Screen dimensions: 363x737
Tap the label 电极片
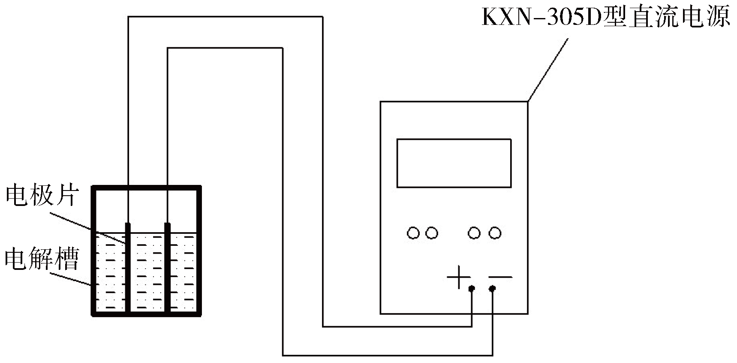[42, 197]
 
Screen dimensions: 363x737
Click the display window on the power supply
[454, 163]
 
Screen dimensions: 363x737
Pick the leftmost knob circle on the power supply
[413, 233]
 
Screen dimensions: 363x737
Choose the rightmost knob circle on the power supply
[495, 233]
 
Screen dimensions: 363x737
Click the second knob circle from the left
[431, 233]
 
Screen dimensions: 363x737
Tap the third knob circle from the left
[474, 233]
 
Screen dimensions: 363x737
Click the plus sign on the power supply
[459, 277]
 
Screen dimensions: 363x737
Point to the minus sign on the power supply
[500, 277]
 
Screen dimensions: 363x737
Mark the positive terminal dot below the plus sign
[472, 289]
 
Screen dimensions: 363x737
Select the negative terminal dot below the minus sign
[492, 289]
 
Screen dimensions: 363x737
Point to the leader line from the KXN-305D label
[548, 70]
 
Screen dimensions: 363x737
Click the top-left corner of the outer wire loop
[129, 17]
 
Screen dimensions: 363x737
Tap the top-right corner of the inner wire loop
[283, 48]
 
